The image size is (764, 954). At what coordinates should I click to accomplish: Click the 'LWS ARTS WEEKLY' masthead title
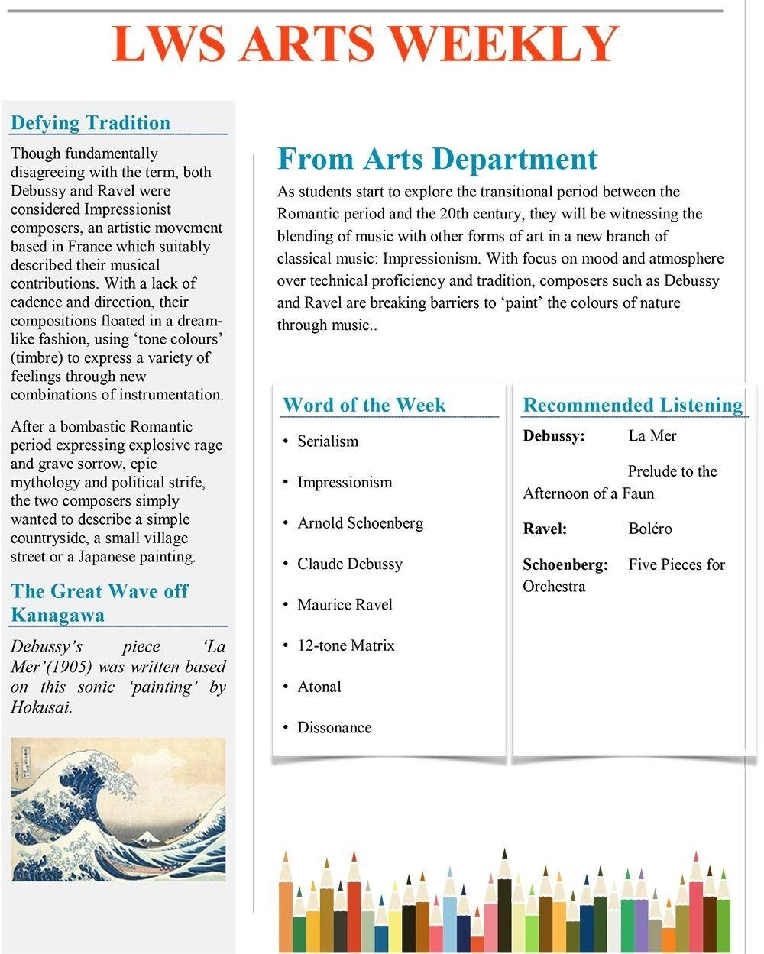(364, 44)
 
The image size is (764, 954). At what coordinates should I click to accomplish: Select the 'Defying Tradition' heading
(90, 123)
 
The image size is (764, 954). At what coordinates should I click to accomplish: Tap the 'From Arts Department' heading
(437, 159)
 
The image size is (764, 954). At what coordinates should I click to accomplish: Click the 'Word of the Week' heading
(364, 405)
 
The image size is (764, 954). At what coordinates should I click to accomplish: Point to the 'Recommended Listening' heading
(633, 405)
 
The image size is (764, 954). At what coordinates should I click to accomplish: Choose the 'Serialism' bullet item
(328, 441)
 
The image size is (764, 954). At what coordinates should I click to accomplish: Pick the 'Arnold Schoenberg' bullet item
(360, 523)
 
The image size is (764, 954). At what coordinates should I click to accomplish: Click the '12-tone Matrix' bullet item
(345, 645)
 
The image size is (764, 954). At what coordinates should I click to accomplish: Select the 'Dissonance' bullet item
(334, 727)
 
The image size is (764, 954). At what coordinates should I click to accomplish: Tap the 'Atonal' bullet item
(319, 687)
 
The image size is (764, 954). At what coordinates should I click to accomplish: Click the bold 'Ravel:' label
(545, 529)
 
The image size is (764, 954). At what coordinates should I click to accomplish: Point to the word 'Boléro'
(650, 529)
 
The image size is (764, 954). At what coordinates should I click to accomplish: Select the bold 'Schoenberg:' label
(565, 564)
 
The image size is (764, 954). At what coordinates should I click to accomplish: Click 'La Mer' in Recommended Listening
(652, 435)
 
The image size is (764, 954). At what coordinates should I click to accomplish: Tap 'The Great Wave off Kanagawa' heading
(99, 603)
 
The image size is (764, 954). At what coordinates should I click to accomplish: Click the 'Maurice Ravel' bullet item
(345, 605)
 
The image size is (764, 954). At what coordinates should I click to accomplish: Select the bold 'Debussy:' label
(554, 436)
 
